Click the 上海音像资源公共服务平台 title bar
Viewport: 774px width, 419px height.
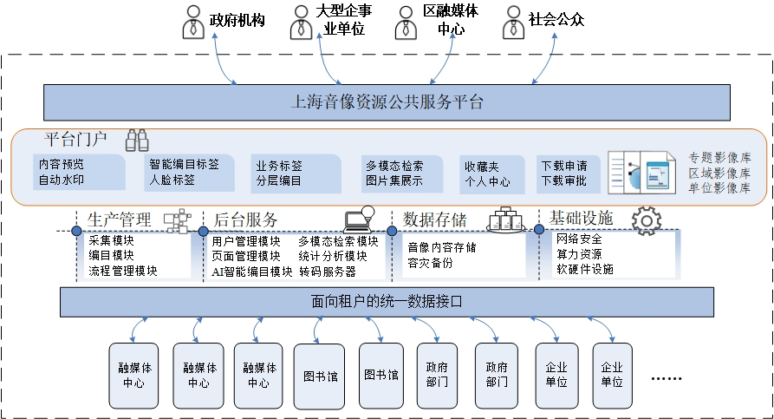pyautogui.click(x=386, y=102)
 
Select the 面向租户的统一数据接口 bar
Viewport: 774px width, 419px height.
pyautogui.click(x=387, y=302)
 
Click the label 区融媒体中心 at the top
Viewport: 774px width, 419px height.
pyautogui.click(x=450, y=21)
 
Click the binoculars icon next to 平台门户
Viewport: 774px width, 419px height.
pyautogui.click(x=137, y=140)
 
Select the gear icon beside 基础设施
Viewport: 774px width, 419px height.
pyautogui.click(x=646, y=220)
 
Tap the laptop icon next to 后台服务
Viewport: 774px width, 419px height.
pyautogui.click(x=357, y=219)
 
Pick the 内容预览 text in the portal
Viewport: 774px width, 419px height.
pyautogui.click(x=61, y=164)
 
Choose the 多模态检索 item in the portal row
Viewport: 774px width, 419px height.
pyautogui.click(x=394, y=166)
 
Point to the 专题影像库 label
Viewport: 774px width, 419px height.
pyautogui.click(x=719, y=158)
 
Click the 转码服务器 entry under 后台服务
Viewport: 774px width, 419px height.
pyautogui.click(x=328, y=271)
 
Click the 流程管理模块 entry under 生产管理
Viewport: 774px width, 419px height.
pyautogui.click(x=123, y=271)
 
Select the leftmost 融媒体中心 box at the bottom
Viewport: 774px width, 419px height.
pyautogui.click(x=133, y=376)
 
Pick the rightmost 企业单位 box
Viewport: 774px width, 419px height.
pyautogui.click(x=612, y=376)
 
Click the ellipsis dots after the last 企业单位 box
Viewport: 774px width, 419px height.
pyautogui.click(x=667, y=378)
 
